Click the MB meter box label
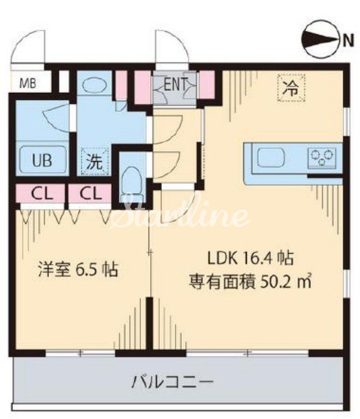click(x=28, y=84)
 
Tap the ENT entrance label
click(x=175, y=84)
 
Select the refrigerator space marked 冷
click(x=291, y=88)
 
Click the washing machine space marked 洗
click(x=95, y=162)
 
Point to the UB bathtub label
click(x=42, y=160)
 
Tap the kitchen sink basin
click(x=271, y=157)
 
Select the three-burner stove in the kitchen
click(x=322, y=157)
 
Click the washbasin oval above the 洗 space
click(x=91, y=85)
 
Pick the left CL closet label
click(x=42, y=194)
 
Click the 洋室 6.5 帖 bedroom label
click(x=77, y=270)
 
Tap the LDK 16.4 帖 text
click(x=251, y=258)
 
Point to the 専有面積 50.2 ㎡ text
click(x=250, y=281)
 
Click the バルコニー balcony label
click(x=173, y=381)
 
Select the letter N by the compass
click(x=348, y=40)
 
